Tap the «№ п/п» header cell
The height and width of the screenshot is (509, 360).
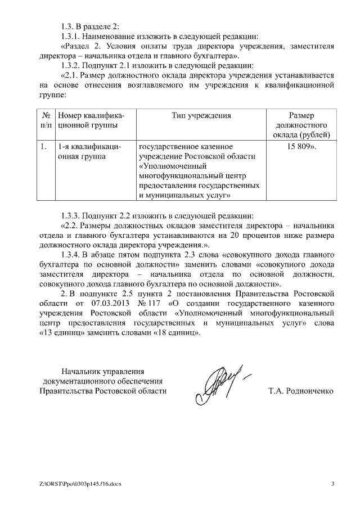click(x=47, y=120)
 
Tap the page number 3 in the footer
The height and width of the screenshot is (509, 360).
click(x=332, y=485)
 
